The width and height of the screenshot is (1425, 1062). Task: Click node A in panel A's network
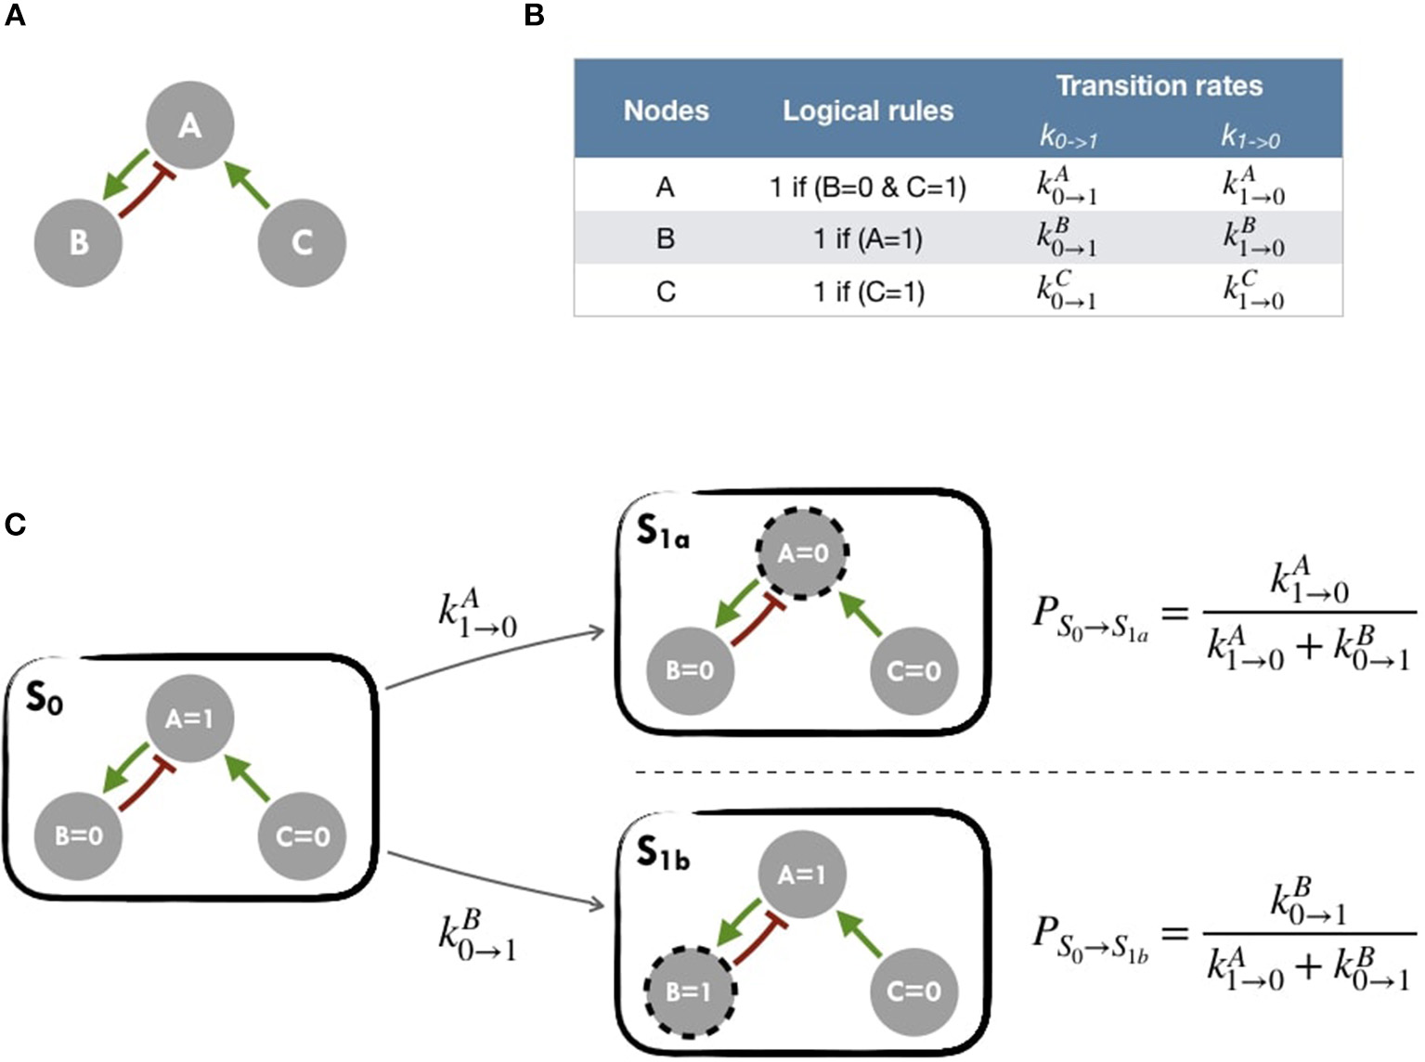[x=190, y=125]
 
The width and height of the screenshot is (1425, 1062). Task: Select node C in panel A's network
[x=302, y=242]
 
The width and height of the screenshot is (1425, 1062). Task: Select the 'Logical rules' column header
[x=868, y=111]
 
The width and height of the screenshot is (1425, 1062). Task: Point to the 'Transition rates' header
[x=1159, y=86]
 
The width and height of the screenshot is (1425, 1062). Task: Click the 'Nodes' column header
[x=666, y=111]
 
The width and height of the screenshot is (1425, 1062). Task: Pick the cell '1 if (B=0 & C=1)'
[x=868, y=188]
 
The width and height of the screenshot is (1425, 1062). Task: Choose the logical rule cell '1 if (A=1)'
[x=868, y=240]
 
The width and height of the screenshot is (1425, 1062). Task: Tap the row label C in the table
[x=666, y=291]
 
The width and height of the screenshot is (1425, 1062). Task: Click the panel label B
[x=534, y=16]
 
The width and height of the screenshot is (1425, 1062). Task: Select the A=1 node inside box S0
[x=190, y=719]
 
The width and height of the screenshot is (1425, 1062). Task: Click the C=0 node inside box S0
[x=302, y=836]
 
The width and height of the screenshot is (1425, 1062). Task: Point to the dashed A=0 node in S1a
[x=803, y=554]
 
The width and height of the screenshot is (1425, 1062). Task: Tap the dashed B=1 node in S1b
[x=690, y=991]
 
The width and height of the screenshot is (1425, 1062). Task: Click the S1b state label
[x=662, y=853]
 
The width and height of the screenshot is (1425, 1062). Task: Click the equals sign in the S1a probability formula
[x=1175, y=614]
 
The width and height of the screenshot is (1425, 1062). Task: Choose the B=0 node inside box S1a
[x=690, y=670]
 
